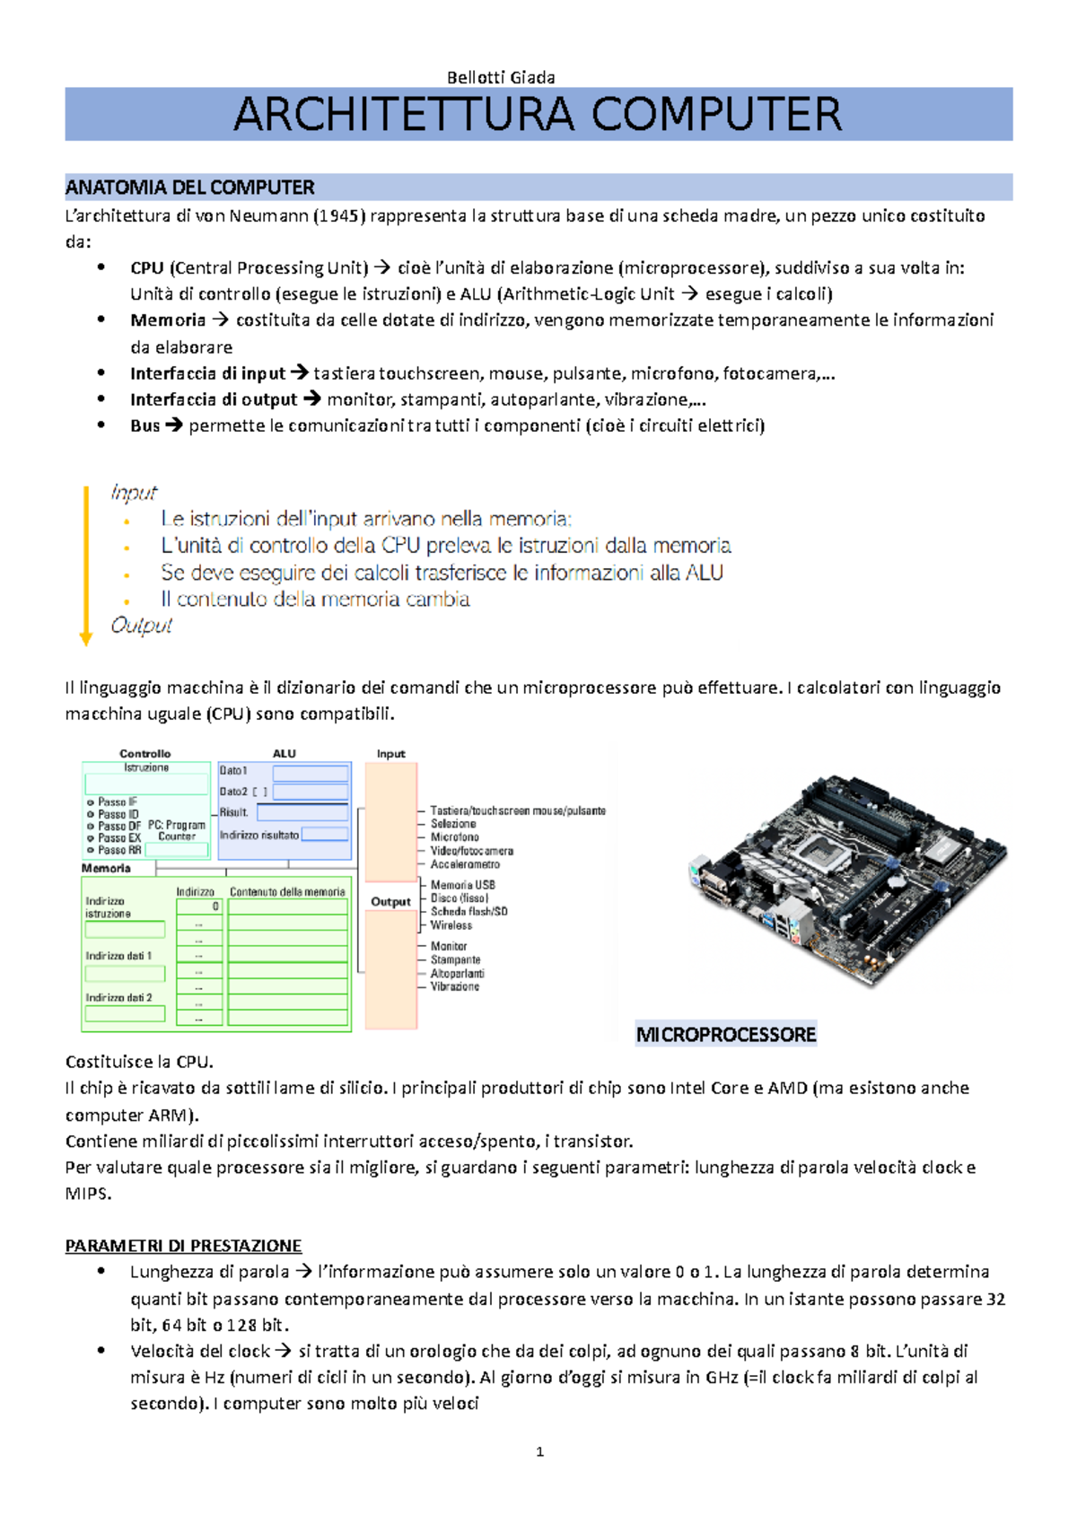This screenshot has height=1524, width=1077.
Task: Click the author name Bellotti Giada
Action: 501,77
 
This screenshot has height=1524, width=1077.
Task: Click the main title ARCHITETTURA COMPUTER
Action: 538,115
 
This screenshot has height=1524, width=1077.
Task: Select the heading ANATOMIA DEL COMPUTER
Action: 189,188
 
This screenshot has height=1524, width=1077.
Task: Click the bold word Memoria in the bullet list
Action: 168,320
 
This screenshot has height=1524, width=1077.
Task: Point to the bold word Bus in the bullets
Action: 144,425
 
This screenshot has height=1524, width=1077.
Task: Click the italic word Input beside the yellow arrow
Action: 133,492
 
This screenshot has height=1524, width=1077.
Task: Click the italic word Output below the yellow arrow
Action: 141,625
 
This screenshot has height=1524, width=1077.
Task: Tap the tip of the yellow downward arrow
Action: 86,641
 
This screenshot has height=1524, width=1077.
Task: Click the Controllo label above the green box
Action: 144,754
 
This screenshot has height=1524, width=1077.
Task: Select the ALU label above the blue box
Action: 284,754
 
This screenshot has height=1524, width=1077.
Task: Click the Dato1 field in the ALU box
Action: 310,772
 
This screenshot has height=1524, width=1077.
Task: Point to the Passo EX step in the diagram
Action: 118,837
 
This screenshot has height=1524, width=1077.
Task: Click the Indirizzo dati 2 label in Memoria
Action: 118,997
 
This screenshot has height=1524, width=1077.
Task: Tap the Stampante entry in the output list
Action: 455,959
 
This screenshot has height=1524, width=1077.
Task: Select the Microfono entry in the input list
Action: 454,836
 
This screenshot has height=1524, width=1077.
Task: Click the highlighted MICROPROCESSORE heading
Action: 725,1035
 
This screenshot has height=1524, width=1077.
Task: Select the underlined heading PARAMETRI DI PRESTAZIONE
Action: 183,1246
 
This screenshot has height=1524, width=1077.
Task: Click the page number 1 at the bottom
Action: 539,1451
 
